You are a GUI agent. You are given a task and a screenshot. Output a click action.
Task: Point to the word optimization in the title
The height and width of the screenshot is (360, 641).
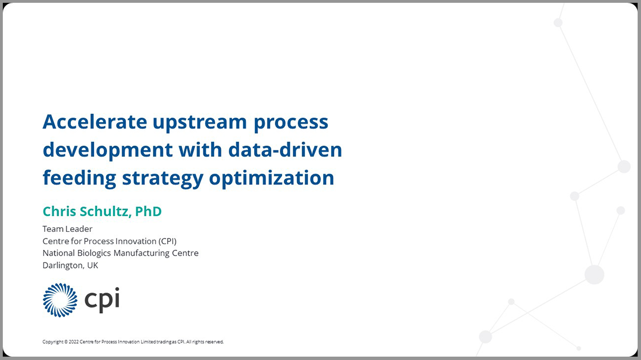[271, 178]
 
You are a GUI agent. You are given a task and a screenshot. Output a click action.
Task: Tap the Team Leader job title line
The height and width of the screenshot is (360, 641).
[67, 229]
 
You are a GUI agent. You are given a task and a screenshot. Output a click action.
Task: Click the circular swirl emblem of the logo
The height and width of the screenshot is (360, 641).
[60, 300]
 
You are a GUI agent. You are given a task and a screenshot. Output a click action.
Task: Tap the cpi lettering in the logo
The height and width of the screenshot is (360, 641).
[102, 300]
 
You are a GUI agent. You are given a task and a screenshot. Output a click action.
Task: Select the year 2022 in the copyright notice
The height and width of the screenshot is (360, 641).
[74, 342]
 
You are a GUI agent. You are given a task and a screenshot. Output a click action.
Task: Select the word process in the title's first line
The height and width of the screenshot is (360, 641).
[291, 121]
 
